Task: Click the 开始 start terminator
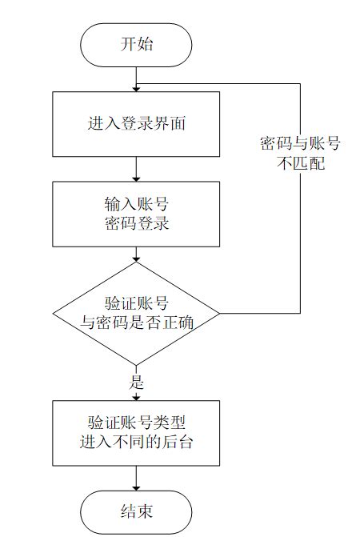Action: coord(136,44)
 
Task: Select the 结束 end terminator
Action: coord(136,511)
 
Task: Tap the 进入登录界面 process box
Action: coord(136,124)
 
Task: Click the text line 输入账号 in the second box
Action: coord(136,204)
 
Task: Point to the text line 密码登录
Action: coord(136,223)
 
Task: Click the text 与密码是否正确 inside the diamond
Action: coord(136,323)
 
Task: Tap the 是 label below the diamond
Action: coord(137,382)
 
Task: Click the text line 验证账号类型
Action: coord(136,422)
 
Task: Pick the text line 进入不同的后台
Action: coord(136,441)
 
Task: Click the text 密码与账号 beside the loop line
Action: coord(301,144)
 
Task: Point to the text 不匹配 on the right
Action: coord(301,164)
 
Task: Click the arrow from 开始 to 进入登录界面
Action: coord(136,78)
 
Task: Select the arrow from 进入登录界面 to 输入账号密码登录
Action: coord(136,169)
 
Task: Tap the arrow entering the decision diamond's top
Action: coord(136,254)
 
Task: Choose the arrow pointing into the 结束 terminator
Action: coord(136,479)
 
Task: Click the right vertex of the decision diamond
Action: coord(220,313)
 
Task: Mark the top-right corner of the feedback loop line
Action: coord(301,83)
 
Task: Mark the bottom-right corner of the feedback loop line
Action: coord(301,313)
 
